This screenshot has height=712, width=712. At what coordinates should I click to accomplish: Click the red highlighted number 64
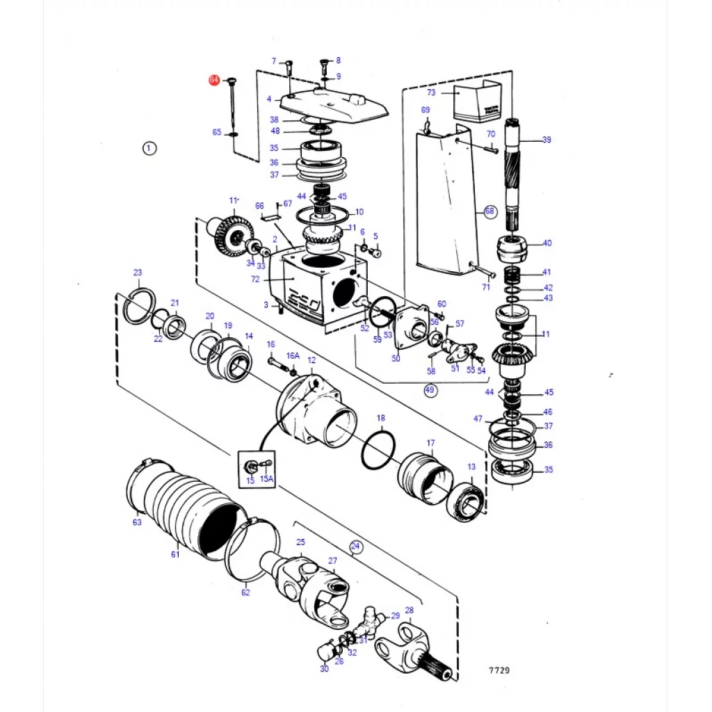point(214,81)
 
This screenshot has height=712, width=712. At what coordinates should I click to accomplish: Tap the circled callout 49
point(430,390)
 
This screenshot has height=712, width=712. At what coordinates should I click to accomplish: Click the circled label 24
point(356,547)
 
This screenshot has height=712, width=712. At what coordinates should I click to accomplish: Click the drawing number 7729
point(499,671)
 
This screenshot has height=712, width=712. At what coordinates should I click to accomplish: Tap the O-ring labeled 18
point(379,452)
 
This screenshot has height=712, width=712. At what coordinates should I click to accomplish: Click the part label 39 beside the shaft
point(547,140)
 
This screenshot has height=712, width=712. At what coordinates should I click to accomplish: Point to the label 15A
point(267,480)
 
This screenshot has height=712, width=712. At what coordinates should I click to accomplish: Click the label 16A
point(293,355)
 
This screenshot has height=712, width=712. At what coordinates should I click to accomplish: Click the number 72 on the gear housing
point(255,280)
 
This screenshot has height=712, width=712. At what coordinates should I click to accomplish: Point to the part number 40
point(547,243)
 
